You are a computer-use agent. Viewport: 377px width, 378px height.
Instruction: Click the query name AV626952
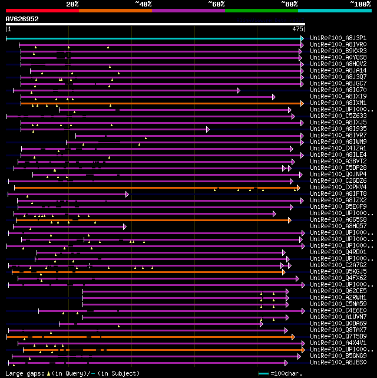22,19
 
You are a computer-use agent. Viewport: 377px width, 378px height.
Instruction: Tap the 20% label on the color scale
72,4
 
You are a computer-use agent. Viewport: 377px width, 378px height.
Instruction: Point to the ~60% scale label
216,4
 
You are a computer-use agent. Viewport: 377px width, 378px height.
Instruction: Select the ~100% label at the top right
360,4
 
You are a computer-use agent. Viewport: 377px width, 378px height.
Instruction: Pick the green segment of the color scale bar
261,10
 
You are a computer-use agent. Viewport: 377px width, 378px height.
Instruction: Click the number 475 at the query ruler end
297,28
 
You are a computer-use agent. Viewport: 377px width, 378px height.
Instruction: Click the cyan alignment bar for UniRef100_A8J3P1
153,38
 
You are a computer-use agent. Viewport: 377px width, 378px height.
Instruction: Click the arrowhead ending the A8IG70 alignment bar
239,90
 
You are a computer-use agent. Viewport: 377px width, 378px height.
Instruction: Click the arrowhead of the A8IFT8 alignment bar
127,194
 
